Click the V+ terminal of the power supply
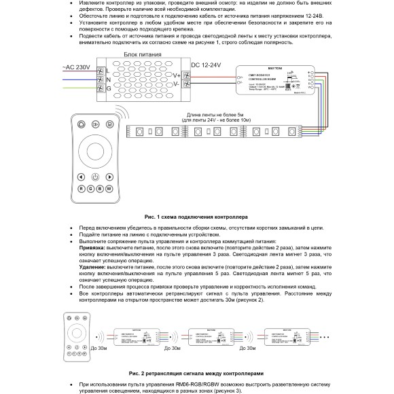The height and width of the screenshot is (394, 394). [177, 75]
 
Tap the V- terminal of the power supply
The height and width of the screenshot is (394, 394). [177, 85]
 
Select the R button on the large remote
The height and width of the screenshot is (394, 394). [81, 188]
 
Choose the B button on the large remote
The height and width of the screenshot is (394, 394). [100, 188]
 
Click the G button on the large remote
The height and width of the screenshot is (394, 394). [90, 188]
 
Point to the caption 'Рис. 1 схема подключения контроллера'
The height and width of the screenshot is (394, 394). [196, 215]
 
